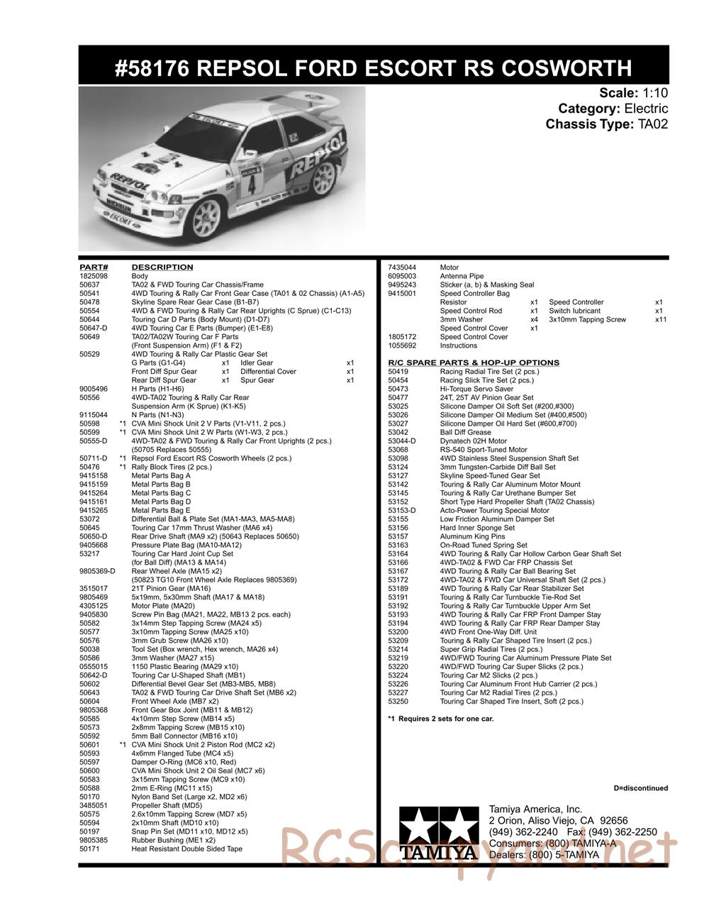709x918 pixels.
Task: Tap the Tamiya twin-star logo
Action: tap(436, 833)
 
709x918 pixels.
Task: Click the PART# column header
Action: tap(92, 267)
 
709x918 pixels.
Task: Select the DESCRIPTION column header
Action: tap(162, 267)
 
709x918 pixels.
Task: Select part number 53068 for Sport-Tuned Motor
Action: tap(398, 450)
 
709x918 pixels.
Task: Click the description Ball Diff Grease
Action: tap(465, 432)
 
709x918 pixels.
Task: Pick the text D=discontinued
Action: tap(640, 788)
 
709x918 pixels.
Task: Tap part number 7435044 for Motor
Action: tap(402, 267)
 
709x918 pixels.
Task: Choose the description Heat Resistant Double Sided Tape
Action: tap(186, 848)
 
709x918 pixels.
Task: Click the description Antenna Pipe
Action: tap(462, 276)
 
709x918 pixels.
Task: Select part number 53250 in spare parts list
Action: tap(398, 702)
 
